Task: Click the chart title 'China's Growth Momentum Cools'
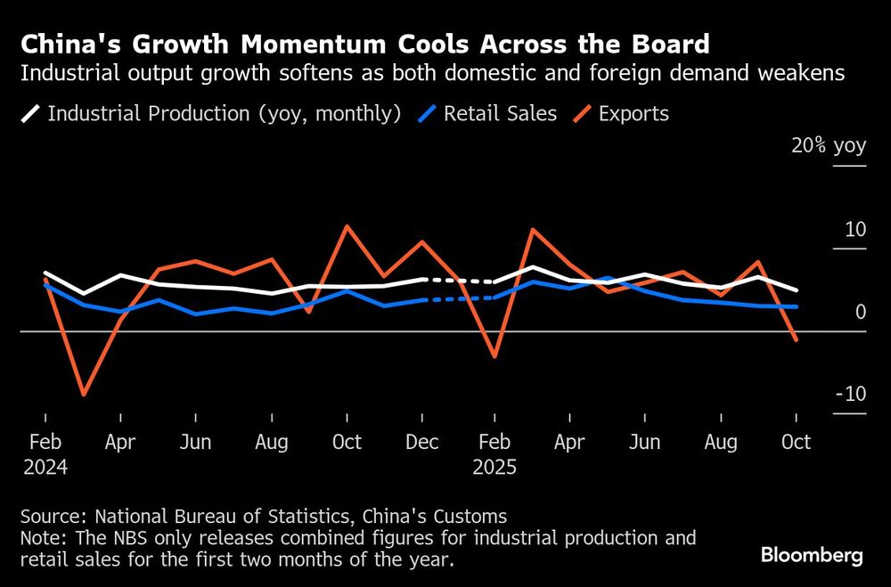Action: point(365,45)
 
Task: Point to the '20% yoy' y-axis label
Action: point(829,146)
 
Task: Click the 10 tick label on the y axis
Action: point(854,230)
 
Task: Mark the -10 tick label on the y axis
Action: point(850,395)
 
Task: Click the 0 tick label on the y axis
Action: point(860,312)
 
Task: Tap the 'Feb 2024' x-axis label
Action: point(45,453)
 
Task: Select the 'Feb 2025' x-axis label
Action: point(495,453)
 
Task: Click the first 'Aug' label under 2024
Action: point(271,442)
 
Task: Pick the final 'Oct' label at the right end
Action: point(796,442)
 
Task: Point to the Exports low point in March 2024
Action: point(83,394)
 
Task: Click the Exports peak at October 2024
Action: point(346,226)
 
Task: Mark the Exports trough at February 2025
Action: point(495,356)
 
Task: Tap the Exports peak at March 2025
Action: point(532,230)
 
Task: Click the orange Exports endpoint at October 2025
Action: point(796,339)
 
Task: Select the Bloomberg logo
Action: point(812,556)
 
